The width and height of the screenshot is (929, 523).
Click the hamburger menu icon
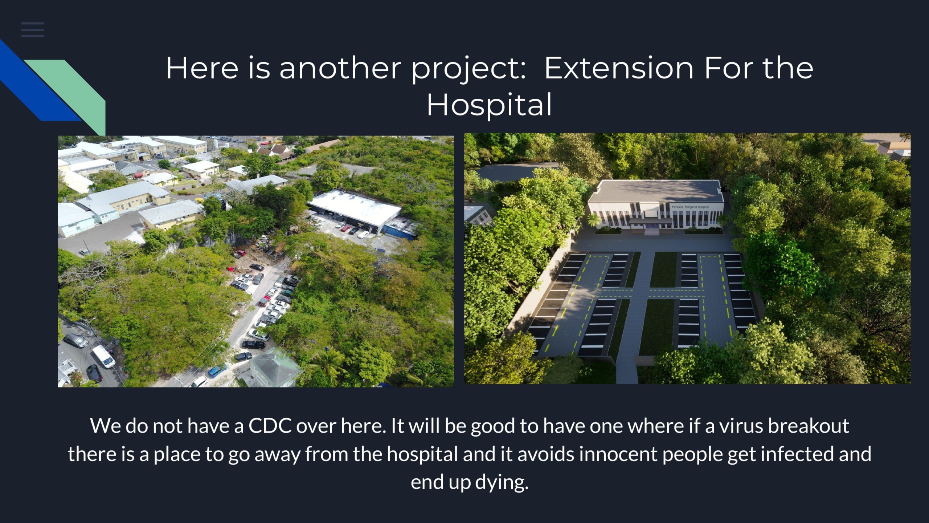tap(33, 29)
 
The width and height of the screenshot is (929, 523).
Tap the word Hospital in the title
tap(489, 104)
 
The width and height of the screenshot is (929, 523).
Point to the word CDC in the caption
tap(270, 425)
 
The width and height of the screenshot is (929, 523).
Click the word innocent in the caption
tap(618, 454)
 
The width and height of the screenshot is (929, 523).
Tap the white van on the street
tap(103, 357)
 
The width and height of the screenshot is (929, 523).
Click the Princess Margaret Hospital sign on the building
tap(690, 207)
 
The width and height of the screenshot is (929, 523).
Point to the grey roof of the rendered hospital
tap(655, 191)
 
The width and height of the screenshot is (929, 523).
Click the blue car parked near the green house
tap(217, 371)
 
